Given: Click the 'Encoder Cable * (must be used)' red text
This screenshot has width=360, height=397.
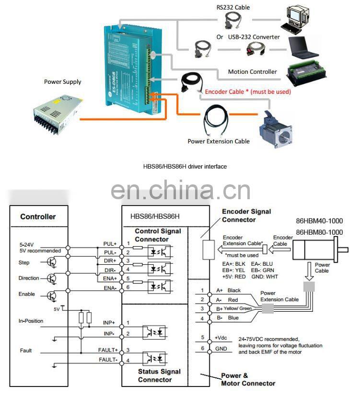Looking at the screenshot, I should click(x=247, y=91).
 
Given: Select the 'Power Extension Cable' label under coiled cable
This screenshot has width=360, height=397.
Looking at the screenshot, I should click(x=218, y=141).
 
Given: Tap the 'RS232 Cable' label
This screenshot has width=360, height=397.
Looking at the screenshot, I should click(x=233, y=7).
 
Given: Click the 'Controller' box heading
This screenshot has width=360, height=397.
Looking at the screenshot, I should click(x=38, y=216).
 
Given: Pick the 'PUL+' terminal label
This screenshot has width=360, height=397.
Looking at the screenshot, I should click(x=110, y=244).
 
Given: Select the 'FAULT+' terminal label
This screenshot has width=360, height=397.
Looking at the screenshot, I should click(x=108, y=350).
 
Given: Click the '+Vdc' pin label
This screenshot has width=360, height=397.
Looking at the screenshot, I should click(x=221, y=337).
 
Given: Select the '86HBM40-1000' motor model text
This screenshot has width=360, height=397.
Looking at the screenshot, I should click(x=319, y=222).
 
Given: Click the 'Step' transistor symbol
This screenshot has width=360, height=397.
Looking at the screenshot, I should click(x=52, y=262).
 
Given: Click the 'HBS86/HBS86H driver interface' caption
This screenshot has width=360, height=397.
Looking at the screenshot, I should click(x=185, y=166).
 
